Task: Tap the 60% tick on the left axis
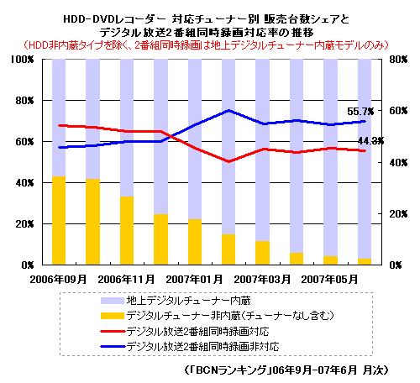pos(21,142)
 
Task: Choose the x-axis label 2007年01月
pos(194,278)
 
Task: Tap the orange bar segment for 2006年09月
pos(58,221)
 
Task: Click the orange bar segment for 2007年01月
pos(195,243)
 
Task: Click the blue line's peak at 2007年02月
pos(228,110)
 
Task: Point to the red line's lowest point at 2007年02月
pos(228,161)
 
